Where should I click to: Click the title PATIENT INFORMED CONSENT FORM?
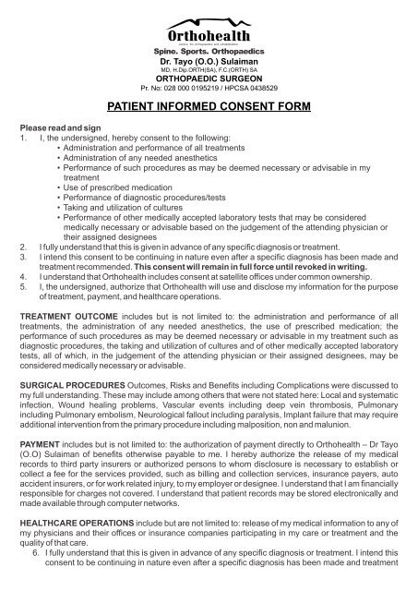[x=209, y=107]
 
